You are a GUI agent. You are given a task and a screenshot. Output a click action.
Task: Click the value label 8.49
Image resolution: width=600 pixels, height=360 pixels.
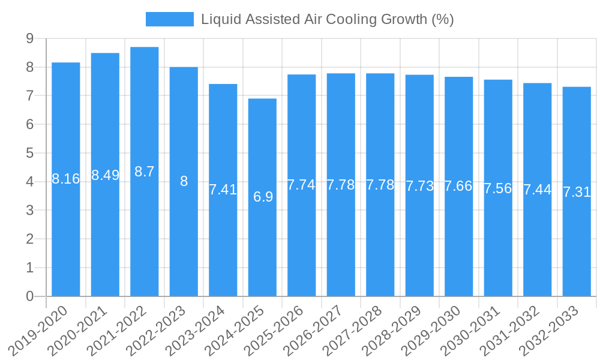pyautogui.click(x=105, y=175)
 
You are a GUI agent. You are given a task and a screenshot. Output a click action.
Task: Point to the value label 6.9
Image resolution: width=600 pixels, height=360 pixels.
pyautogui.click(x=263, y=196)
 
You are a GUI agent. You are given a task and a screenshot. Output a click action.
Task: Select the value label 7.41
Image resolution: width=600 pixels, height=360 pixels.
pyautogui.click(x=223, y=190)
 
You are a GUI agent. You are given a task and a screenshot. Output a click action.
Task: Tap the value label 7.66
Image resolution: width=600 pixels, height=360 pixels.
pyautogui.click(x=458, y=186)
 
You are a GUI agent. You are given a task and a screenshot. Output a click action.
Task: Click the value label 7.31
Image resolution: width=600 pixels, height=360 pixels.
pyautogui.click(x=577, y=192)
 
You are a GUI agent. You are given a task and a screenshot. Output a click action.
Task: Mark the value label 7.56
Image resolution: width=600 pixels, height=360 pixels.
pyautogui.click(x=498, y=188)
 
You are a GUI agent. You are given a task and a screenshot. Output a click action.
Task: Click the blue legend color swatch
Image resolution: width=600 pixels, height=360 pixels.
pyautogui.click(x=169, y=19)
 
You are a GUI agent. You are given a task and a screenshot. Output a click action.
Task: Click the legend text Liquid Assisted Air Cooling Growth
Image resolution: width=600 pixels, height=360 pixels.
pyautogui.click(x=327, y=19)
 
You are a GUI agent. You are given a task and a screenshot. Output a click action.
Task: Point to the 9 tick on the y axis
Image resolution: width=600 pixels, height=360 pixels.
pyautogui.click(x=29, y=38)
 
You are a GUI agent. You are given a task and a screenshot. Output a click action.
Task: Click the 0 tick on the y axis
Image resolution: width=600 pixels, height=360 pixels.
pyautogui.click(x=29, y=296)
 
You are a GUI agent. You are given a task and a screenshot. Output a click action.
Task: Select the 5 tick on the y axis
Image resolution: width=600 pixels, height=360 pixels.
pyautogui.click(x=29, y=153)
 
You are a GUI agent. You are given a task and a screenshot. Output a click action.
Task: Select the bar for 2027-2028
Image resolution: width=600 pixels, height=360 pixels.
pyautogui.click(x=380, y=240)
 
